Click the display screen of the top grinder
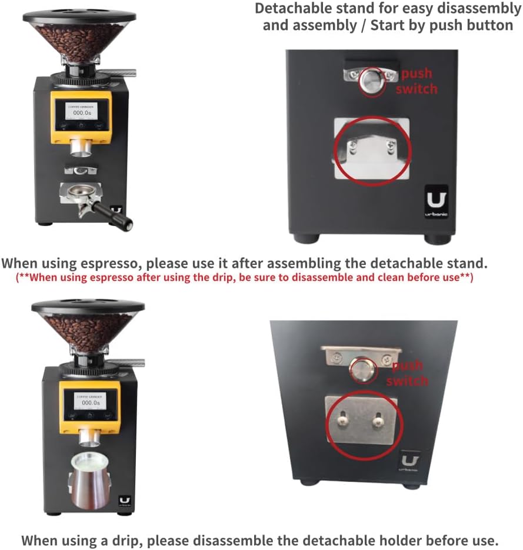(x=82, y=110)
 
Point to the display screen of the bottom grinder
(x=89, y=403)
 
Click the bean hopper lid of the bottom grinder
(x=88, y=306)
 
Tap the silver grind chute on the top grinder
(x=82, y=147)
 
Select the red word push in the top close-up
(x=417, y=73)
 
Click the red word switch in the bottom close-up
(x=407, y=381)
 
